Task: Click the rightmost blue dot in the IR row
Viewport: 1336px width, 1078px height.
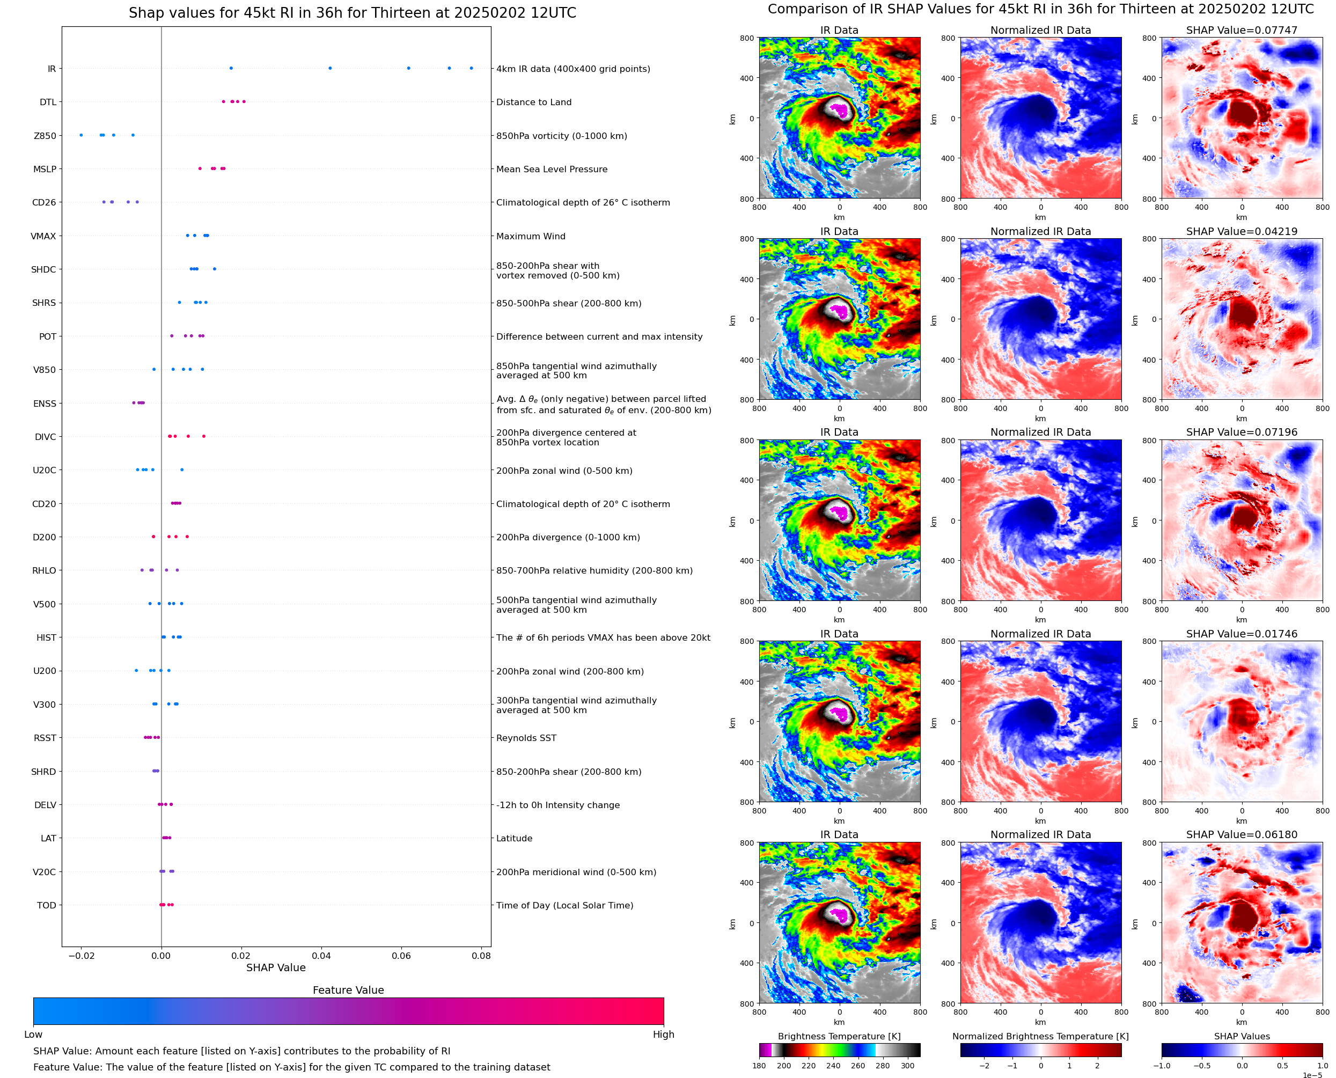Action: click(x=471, y=68)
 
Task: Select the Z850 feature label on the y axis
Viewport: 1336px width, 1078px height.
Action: click(x=45, y=135)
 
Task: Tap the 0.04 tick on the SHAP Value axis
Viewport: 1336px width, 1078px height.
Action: click(x=321, y=956)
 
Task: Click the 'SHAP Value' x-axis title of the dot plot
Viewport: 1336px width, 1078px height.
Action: click(x=276, y=967)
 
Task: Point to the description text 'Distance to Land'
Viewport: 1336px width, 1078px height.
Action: click(x=533, y=102)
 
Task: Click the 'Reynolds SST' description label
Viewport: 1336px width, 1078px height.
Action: click(x=526, y=738)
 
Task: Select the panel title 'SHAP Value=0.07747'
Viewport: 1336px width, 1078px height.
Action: click(x=1241, y=30)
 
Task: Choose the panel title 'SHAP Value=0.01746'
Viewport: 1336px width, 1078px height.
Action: click(x=1241, y=633)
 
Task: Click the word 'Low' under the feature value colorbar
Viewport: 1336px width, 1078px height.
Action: click(x=33, y=1034)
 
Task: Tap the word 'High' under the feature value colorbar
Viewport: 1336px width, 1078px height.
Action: click(x=663, y=1034)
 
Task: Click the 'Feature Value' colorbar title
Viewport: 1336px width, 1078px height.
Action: click(x=348, y=990)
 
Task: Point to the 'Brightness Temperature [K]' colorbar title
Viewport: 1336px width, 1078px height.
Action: click(x=839, y=1036)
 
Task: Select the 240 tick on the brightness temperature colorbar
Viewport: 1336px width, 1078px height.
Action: click(x=833, y=1066)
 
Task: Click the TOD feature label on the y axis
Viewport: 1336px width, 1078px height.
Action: click(x=47, y=905)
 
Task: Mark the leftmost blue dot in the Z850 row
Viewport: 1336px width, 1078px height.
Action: click(x=80, y=135)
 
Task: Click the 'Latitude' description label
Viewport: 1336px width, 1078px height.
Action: click(x=514, y=838)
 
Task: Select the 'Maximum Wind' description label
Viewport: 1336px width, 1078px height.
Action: click(x=530, y=236)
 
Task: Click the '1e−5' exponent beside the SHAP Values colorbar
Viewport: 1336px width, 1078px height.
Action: click(x=1312, y=1075)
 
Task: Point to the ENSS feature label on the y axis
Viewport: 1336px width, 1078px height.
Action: click(x=45, y=403)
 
